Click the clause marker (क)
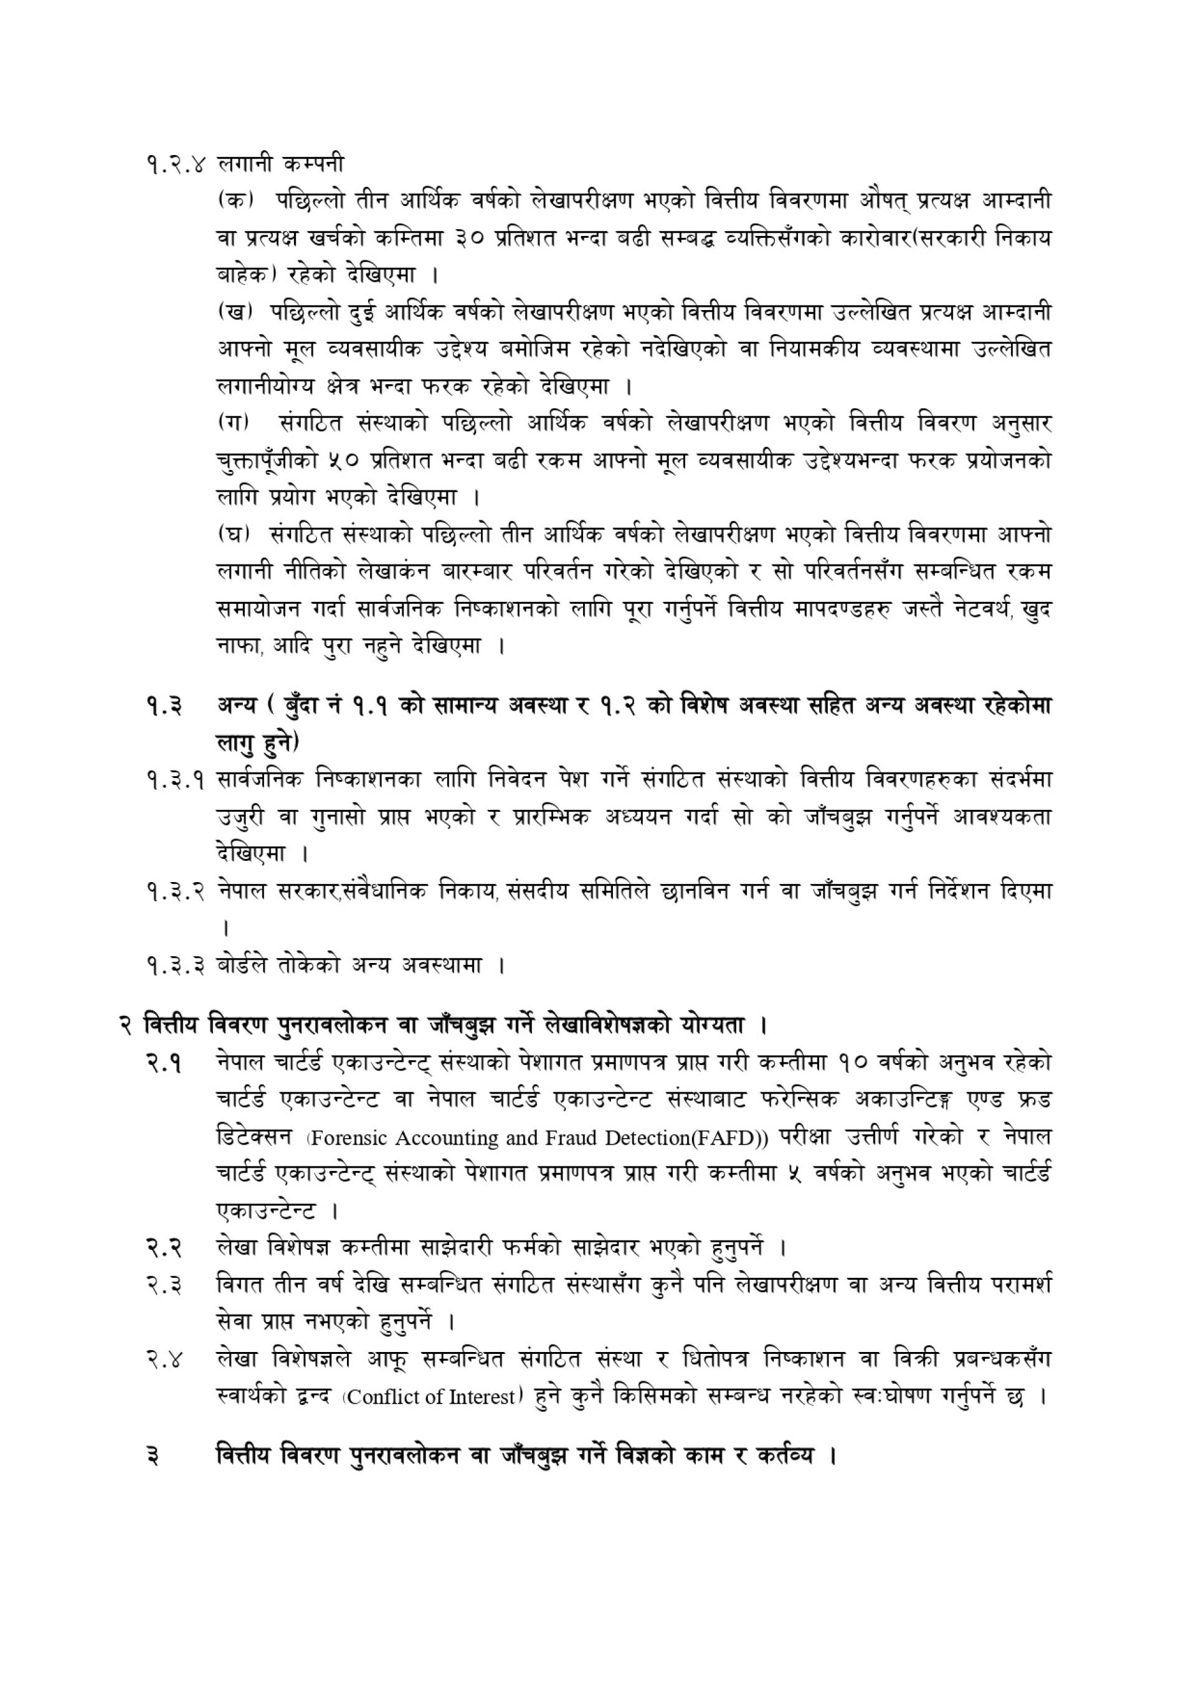click(235, 200)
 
